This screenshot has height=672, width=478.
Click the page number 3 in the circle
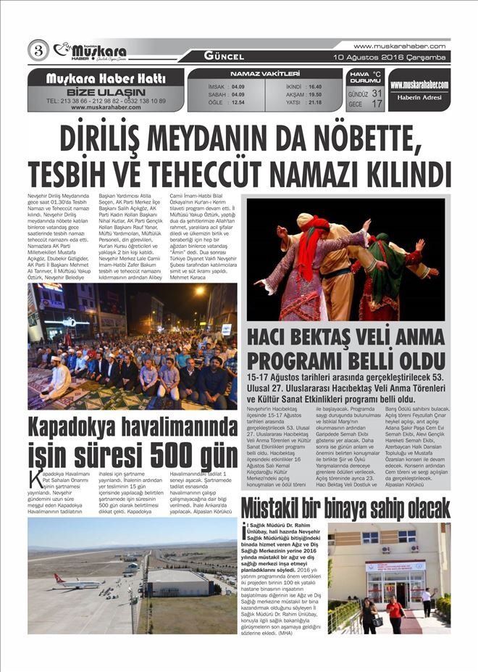(x=38, y=50)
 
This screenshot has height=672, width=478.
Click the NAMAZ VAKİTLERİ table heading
(x=264, y=73)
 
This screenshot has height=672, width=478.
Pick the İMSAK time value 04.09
(x=238, y=86)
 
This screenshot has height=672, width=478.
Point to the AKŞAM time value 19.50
(x=314, y=94)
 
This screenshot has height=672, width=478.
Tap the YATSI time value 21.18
(x=314, y=102)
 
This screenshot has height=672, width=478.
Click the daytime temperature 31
(x=377, y=94)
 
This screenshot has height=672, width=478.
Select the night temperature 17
(x=377, y=104)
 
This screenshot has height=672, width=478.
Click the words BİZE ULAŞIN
(x=105, y=91)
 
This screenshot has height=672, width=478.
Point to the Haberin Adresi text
(x=419, y=99)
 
